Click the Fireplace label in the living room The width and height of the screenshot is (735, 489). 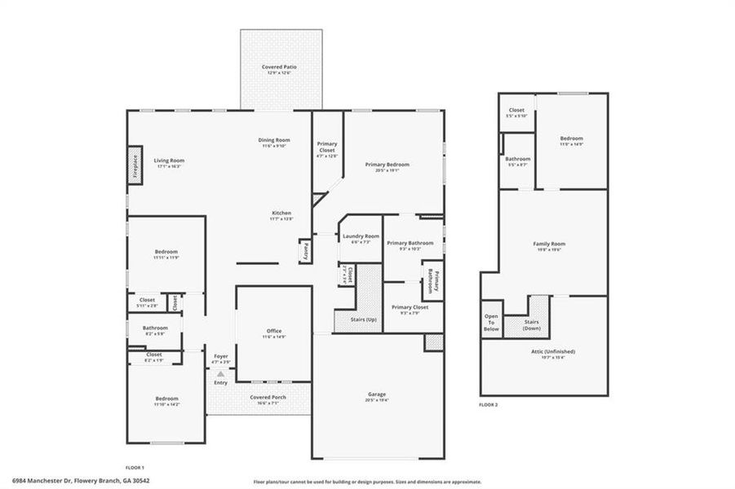click(x=135, y=166)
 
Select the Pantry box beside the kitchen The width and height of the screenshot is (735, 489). click(x=304, y=252)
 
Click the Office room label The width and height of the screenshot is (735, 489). click(x=274, y=333)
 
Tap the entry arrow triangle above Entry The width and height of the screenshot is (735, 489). click(x=220, y=373)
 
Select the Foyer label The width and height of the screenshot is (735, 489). click(x=221, y=358)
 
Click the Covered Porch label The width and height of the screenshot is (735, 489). click(x=268, y=399)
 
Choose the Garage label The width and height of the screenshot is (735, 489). click(x=377, y=395)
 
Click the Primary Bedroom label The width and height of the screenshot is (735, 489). click(x=387, y=165)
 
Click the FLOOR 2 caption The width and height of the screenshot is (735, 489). click(x=489, y=404)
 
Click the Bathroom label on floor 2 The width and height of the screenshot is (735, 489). click(x=518, y=161)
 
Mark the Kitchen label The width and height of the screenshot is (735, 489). click(x=281, y=214)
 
